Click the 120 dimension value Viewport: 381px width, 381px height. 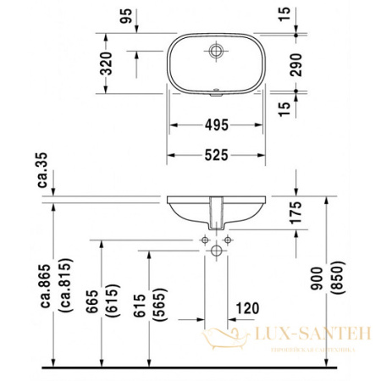[x=248, y=307]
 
